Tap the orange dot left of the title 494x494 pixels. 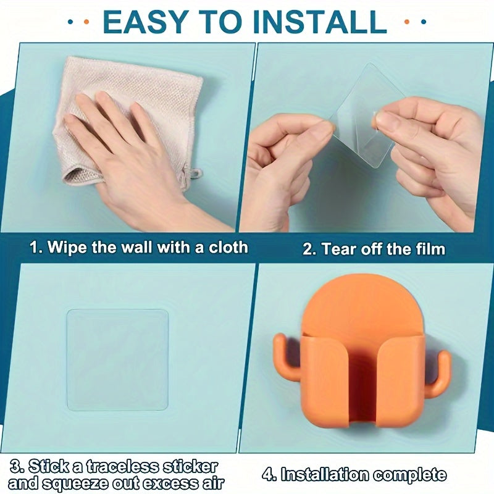(86, 22)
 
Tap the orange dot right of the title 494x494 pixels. (407, 22)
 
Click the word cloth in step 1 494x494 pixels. (228, 248)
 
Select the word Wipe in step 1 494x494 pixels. (67, 248)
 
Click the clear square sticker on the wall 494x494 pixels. (117, 360)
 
